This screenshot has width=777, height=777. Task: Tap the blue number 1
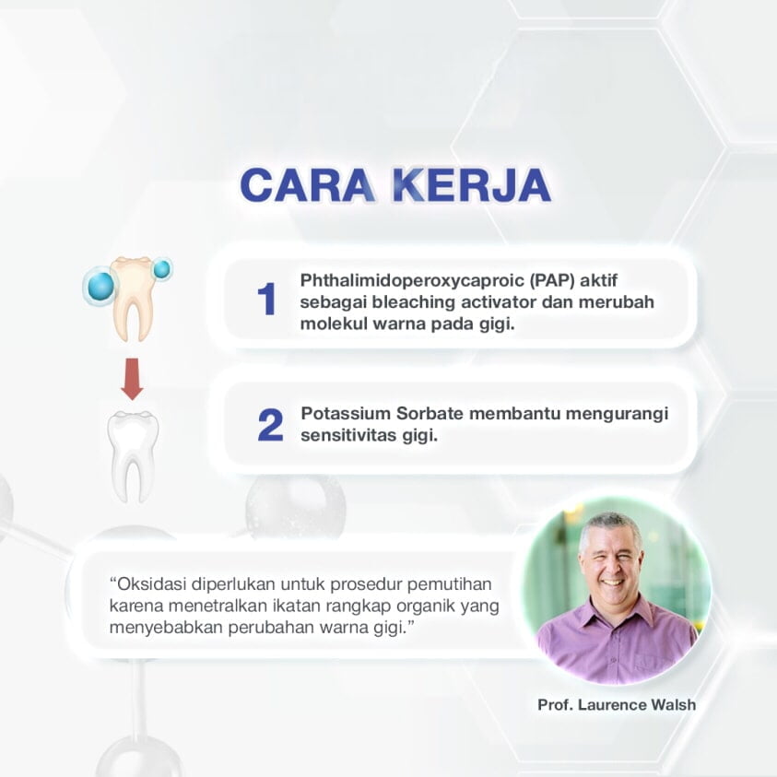[266, 300]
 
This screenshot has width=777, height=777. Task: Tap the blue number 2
[269, 424]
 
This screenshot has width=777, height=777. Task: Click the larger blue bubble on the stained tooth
[100, 287]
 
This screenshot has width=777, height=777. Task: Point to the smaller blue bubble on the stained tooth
[162, 269]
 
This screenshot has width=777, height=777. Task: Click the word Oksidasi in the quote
[148, 584]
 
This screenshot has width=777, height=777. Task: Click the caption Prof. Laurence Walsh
[617, 705]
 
